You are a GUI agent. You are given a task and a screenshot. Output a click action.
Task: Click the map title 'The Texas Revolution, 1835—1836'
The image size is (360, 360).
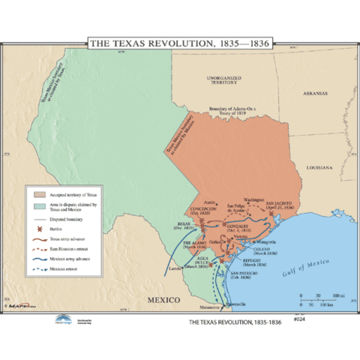click(x=180, y=43)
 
